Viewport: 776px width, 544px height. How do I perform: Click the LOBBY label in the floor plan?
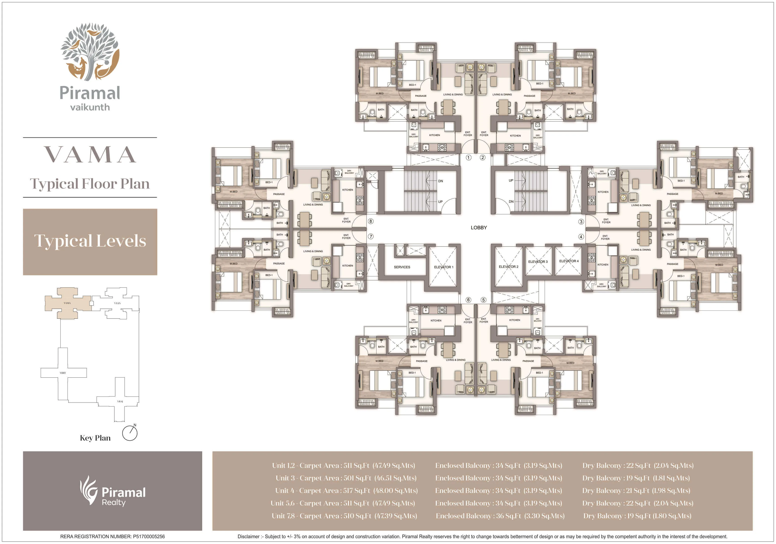(479, 228)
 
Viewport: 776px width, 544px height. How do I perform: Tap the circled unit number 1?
(469, 157)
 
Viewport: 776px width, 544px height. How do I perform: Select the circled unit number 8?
(371, 221)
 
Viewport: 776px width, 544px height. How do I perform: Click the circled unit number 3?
(581, 222)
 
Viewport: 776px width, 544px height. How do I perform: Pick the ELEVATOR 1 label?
(443, 267)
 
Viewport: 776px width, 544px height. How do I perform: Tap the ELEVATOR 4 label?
(569, 261)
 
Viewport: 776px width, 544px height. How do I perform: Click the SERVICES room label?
(402, 267)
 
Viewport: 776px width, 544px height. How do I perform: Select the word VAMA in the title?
(90, 155)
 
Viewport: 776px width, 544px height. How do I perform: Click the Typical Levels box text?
(90, 241)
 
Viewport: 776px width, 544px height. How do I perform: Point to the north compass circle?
(130, 433)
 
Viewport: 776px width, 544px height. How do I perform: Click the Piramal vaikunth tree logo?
(90, 52)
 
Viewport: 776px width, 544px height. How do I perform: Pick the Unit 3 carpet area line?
(346, 478)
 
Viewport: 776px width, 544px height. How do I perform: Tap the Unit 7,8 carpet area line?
(344, 516)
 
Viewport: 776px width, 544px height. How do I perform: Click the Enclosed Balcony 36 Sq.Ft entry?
(500, 516)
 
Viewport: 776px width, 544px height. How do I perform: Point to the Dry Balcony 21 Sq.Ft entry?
(636, 491)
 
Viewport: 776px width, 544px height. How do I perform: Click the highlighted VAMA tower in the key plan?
(67, 303)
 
